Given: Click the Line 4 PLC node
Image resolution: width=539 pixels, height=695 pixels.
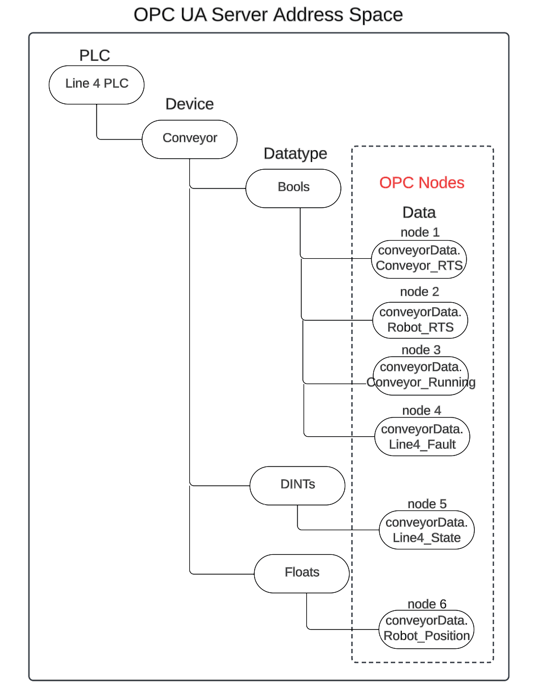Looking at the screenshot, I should click(97, 84).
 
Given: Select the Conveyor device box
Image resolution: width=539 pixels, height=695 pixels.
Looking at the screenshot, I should click(189, 138).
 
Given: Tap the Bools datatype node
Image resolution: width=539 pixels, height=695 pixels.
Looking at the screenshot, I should click(293, 187).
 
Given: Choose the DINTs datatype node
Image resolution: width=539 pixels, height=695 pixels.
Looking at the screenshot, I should click(297, 485).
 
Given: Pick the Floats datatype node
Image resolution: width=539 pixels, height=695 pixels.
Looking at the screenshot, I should click(302, 572).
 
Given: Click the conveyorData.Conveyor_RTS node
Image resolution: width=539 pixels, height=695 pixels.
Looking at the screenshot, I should click(419, 258).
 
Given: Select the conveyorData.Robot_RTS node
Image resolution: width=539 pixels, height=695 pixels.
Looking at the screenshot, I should click(420, 320).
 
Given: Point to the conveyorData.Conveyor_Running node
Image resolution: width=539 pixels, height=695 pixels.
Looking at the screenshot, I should click(421, 375).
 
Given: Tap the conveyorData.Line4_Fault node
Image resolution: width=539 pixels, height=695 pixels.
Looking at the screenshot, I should click(422, 437).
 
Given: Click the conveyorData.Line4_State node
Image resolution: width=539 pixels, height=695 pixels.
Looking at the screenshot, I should click(426, 530).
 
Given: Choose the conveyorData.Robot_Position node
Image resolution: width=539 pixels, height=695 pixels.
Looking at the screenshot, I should click(426, 629).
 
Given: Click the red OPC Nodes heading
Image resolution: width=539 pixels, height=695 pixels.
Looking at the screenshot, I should click(422, 183).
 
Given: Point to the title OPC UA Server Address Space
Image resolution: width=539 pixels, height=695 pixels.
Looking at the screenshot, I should click(268, 14).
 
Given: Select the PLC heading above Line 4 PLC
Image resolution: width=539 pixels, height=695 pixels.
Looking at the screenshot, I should click(94, 55).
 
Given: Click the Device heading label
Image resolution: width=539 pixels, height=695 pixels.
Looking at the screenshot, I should click(189, 104).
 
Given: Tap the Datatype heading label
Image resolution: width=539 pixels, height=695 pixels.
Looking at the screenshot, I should click(295, 154).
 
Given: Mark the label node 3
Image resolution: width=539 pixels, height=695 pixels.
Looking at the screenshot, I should click(421, 350).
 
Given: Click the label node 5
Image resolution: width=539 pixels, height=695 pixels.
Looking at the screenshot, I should click(427, 504).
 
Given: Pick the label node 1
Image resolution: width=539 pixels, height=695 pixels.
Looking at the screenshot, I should click(420, 232).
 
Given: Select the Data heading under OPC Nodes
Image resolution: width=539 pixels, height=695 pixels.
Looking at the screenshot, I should click(419, 213).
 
